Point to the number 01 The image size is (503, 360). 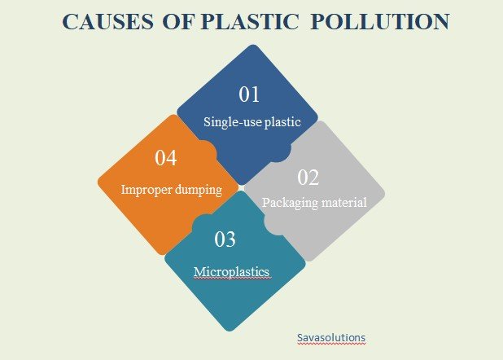tap(249, 94)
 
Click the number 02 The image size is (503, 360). tap(308, 177)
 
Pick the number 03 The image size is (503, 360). tap(225, 239)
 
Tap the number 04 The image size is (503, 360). tap(166, 158)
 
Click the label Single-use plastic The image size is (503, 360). tap(252, 123)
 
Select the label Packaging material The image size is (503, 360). tap(314, 202)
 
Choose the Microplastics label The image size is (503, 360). tap(231, 270)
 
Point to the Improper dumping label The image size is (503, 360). tap(171, 189)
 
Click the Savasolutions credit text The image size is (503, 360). tap(331, 336)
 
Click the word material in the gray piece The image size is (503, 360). tap(343, 202)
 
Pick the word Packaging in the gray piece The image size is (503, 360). tap(289, 202)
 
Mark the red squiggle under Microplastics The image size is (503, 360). tap(231, 278)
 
